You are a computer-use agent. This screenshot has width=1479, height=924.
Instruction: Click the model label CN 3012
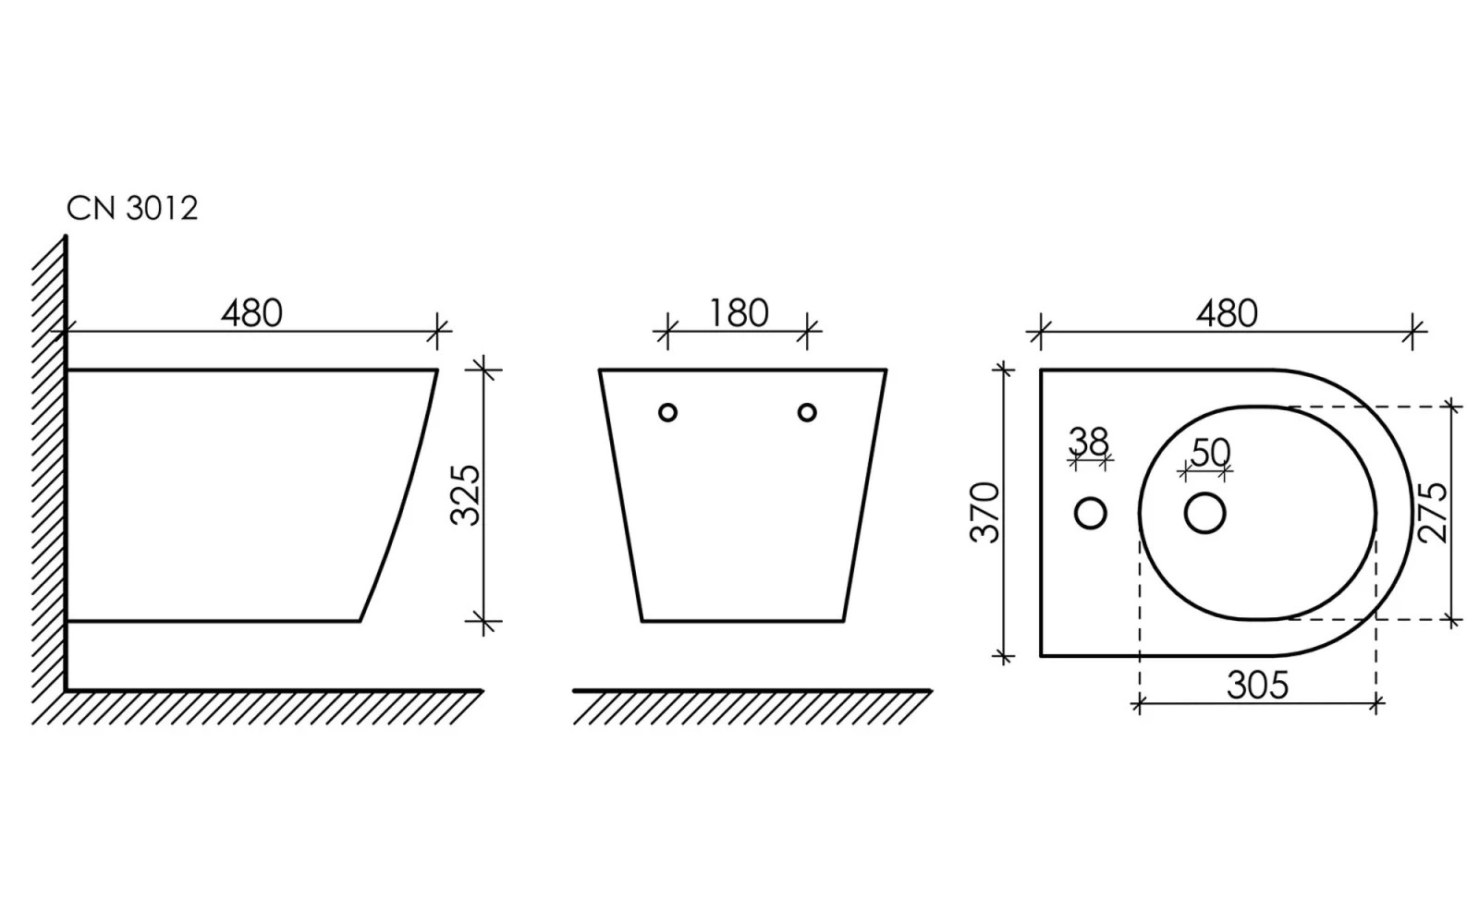[x=132, y=209]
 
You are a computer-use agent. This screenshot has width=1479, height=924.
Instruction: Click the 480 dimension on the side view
[x=251, y=313]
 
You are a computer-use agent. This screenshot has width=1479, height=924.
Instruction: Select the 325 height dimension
[x=466, y=494]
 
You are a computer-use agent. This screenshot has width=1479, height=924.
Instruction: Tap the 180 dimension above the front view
[x=739, y=313]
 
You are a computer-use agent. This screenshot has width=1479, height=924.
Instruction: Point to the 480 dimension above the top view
[x=1227, y=313]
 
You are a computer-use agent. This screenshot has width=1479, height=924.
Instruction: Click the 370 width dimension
[x=985, y=512]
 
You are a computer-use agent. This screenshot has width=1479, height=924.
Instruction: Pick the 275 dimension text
[x=1432, y=513]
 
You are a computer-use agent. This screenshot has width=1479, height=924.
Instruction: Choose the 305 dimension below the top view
[x=1258, y=685]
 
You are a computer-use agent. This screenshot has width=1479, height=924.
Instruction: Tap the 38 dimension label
[x=1090, y=442]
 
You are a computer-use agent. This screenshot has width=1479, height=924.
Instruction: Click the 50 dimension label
[x=1210, y=453]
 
